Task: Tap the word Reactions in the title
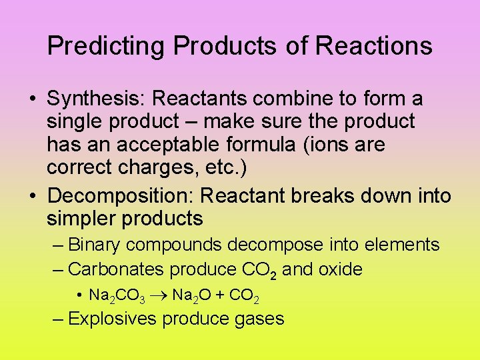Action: pos(373,46)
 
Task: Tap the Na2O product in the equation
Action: pos(191,295)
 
